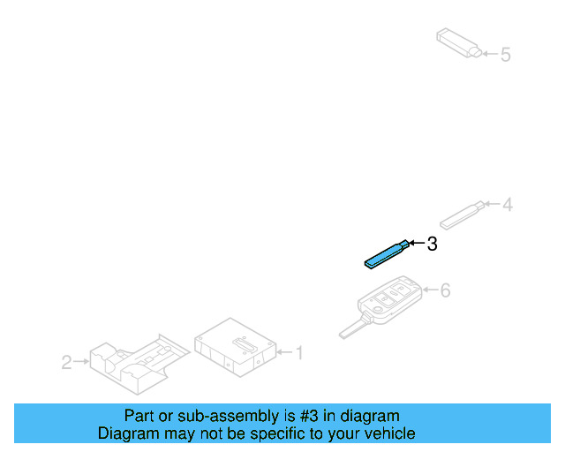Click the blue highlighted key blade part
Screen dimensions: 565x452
387,254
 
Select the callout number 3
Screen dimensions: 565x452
432,244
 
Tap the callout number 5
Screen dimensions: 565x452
506,55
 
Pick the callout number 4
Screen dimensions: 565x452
508,205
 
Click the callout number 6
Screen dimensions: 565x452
446,290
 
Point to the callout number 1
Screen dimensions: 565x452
299,352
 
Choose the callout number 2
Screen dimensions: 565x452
67,362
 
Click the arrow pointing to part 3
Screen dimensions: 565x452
417,243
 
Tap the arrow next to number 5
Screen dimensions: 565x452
491,54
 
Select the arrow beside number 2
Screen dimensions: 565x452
81,361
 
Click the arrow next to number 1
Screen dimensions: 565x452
284,351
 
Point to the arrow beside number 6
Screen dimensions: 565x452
430,290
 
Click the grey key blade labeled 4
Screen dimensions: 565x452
463,215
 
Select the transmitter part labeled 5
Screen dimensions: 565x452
459,42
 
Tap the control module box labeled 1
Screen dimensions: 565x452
236,347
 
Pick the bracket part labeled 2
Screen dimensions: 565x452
139,364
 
